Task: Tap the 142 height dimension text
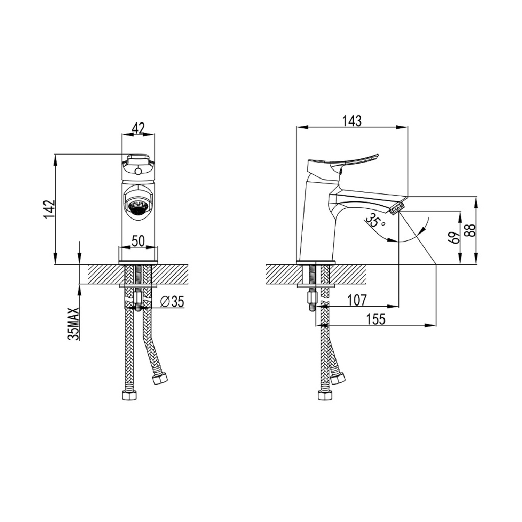[x=50, y=209]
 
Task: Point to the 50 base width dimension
[x=138, y=241]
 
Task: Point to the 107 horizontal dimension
[x=357, y=300]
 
